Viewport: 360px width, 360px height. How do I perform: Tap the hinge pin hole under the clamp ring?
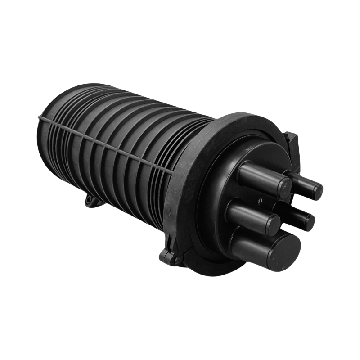(x=174, y=257)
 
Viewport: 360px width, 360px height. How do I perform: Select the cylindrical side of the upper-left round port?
(x=261, y=175)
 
